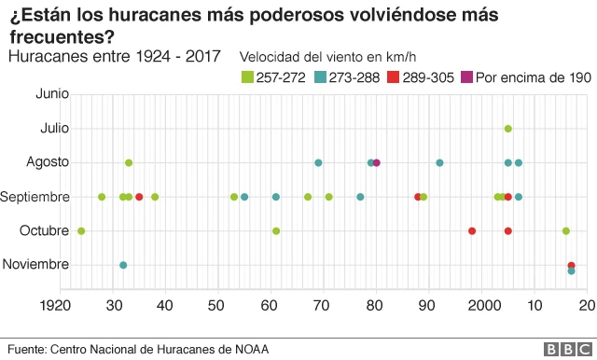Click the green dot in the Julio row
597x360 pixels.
507,129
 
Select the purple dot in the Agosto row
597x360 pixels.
377,163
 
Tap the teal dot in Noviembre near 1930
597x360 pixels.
123,265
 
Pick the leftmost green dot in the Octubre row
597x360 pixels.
81,230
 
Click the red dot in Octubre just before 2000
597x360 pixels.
472,230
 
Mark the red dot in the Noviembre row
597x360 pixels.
571,265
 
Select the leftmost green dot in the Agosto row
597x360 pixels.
129,163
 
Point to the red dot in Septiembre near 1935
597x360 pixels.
139,197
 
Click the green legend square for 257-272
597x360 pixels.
247,77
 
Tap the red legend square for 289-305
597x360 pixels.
393,77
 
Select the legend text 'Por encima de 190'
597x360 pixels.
533,77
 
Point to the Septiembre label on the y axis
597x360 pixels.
35,197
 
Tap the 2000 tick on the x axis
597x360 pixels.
483,304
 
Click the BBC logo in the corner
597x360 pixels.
565,349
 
